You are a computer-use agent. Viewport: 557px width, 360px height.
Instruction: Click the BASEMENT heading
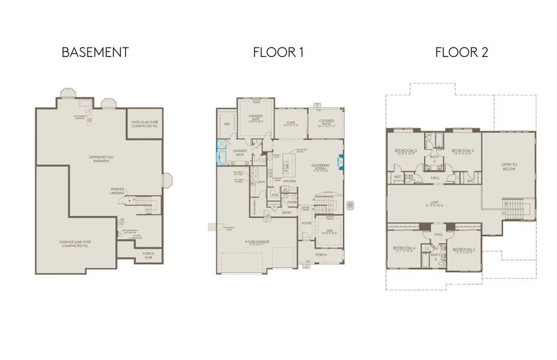(x=95, y=52)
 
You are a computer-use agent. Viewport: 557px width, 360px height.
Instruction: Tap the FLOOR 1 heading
(x=278, y=52)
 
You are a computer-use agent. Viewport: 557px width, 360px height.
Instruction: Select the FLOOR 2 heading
(x=461, y=52)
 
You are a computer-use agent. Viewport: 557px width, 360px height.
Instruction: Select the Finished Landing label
(x=118, y=191)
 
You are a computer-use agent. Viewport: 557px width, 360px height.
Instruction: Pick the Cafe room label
(x=291, y=123)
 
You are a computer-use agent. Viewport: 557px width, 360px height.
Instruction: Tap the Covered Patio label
(x=326, y=122)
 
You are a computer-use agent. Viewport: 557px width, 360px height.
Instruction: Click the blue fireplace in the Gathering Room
(x=341, y=161)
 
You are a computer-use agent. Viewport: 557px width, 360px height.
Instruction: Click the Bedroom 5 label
(x=463, y=250)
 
